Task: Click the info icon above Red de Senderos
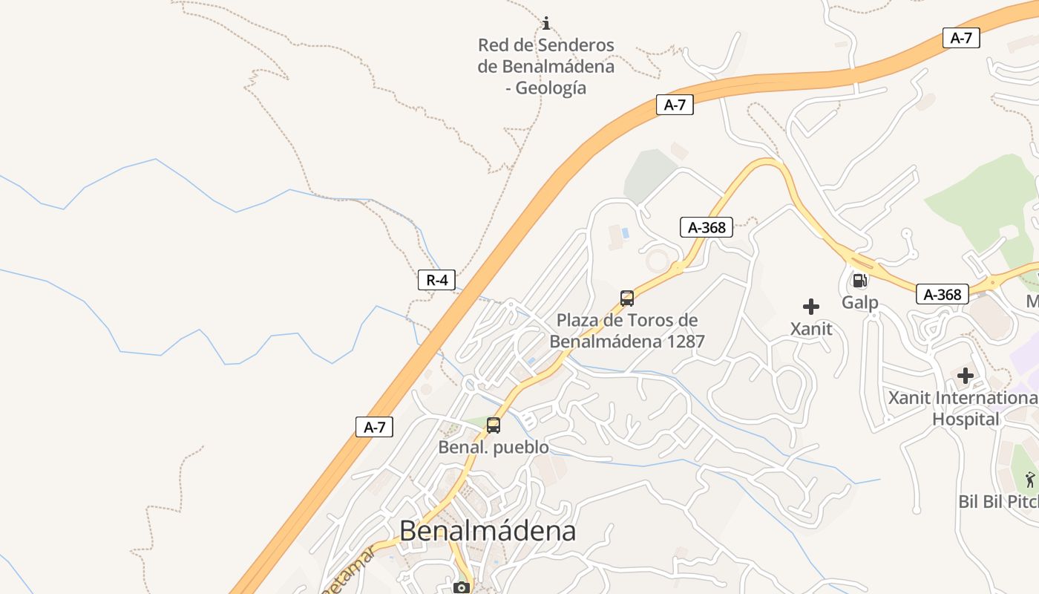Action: pos(546,23)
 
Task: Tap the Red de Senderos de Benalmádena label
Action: pos(546,66)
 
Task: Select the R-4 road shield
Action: pos(436,280)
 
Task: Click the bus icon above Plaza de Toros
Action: pos(627,298)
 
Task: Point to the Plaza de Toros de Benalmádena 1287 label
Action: pos(627,331)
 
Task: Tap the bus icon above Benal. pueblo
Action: pos(494,425)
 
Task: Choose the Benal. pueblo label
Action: pos(494,448)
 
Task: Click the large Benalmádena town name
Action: pos(488,531)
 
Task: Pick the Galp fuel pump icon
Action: pos(860,280)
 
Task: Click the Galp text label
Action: pos(860,302)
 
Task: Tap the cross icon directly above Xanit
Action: pos(811,306)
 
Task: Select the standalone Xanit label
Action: pos(811,328)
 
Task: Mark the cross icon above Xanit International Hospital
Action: pos(966,376)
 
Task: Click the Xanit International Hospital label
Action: pos(966,408)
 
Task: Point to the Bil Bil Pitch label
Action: pos(999,501)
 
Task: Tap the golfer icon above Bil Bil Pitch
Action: pos(1030,479)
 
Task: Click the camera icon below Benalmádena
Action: pos(462,588)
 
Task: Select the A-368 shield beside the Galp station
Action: pos(943,294)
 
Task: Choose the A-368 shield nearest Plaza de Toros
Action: pos(707,227)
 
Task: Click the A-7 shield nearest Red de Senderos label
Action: pos(675,105)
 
